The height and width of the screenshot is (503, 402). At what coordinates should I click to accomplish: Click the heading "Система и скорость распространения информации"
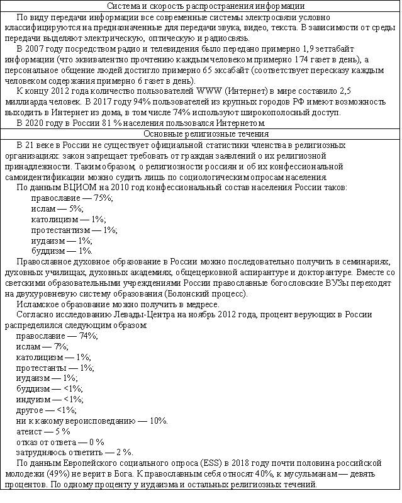click(200, 6)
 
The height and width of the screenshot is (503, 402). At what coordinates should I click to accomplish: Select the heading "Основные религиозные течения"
click(200, 134)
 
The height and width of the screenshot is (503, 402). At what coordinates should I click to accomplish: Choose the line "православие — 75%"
click(72, 198)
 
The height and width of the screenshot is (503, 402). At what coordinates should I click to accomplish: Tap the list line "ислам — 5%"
click(56, 209)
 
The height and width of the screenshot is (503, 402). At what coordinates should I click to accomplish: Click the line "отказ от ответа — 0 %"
click(60, 443)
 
